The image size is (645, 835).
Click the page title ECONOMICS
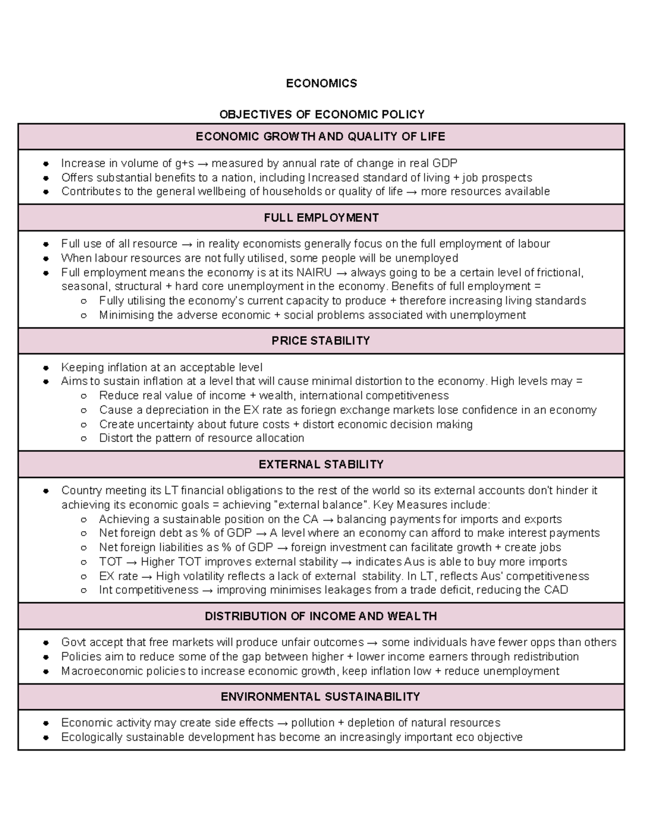(321, 83)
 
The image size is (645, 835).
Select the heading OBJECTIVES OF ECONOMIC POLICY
(321, 115)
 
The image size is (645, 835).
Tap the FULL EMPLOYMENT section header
(321, 218)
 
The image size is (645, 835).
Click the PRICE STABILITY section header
(321, 341)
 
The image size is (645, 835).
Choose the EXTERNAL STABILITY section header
(321, 465)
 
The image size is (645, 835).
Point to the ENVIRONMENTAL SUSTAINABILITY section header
(321, 697)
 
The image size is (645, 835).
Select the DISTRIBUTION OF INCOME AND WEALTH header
(321, 616)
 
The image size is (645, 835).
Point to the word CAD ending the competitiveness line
(556, 590)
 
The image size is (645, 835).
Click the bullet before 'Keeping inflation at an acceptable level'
(47, 368)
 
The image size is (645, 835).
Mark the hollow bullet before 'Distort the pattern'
(83, 439)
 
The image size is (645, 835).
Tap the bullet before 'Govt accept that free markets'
(47, 643)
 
